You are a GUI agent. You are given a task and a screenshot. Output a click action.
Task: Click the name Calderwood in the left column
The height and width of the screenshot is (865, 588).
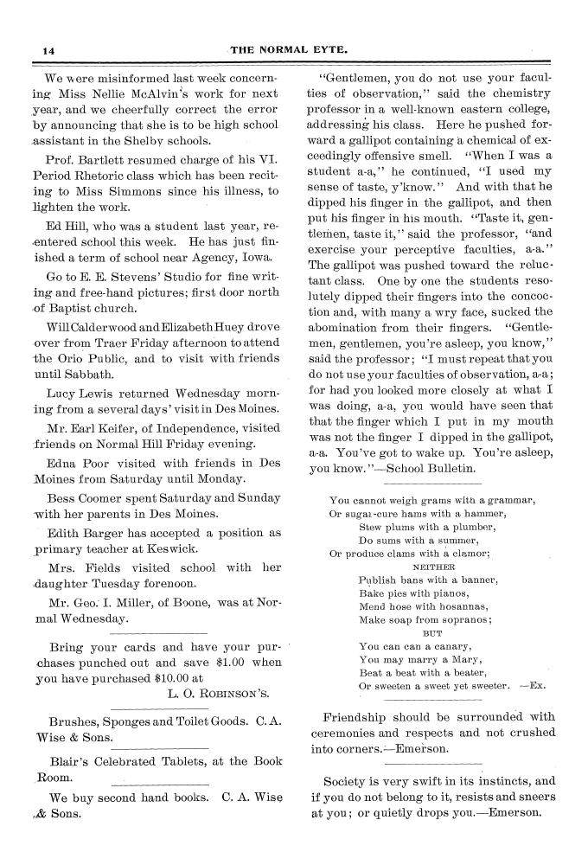pos(94,329)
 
